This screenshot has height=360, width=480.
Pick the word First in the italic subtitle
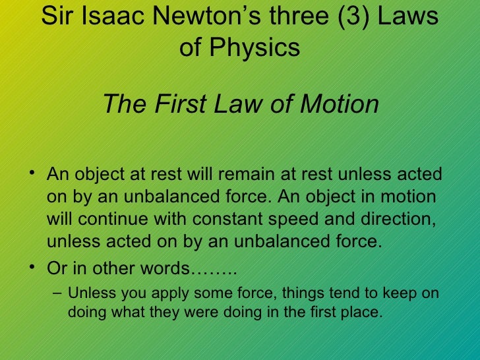pyautogui.click(x=180, y=104)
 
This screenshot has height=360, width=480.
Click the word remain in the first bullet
pyautogui.click(x=229, y=175)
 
